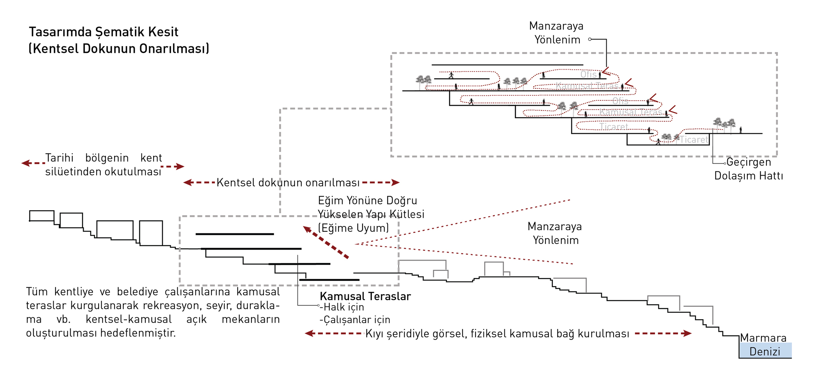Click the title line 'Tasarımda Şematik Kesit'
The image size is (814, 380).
click(x=103, y=32)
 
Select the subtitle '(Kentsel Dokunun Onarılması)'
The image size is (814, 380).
click(x=119, y=49)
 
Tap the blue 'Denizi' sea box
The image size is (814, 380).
click(x=765, y=351)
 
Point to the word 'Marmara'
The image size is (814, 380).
click(x=763, y=338)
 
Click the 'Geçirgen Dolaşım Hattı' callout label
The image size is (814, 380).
click(x=749, y=169)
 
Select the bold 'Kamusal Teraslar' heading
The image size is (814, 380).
click(x=365, y=296)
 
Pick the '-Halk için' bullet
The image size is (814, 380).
click(x=342, y=307)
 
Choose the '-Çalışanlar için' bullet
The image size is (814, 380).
click(x=355, y=320)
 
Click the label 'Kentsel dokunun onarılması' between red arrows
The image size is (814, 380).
click(x=288, y=183)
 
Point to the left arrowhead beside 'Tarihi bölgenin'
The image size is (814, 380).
click(x=25, y=163)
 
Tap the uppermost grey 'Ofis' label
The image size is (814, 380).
click(x=588, y=74)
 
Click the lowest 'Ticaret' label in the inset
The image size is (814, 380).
click(x=694, y=140)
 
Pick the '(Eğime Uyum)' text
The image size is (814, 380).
click(x=353, y=228)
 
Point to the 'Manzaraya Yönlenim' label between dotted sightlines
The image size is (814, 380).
click(x=555, y=233)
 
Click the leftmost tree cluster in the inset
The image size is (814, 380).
click(x=423, y=80)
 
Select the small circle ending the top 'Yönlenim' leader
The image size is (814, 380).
click(x=590, y=39)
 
